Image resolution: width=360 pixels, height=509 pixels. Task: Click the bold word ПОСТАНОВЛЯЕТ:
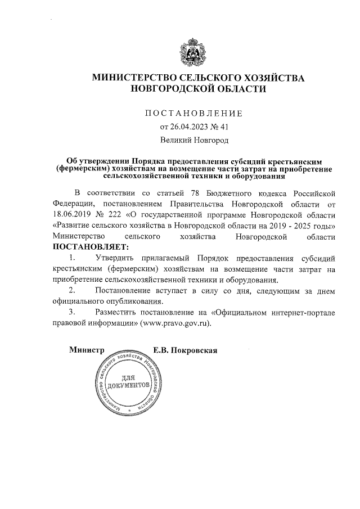pos(91,246)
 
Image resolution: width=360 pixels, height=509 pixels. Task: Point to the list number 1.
pos(71,258)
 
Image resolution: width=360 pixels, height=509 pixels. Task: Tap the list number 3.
pos(71,312)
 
